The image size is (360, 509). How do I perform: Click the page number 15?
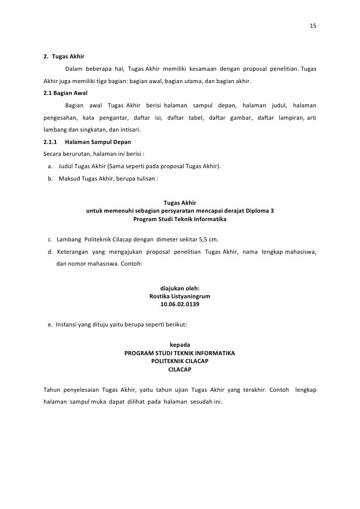[x=313, y=26]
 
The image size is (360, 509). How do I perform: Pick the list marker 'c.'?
[x=50, y=239]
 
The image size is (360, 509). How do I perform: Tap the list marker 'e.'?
[x=50, y=325]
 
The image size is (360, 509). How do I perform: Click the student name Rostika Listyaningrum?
[x=180, y=296]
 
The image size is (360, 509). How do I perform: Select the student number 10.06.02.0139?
[x=180, y=305]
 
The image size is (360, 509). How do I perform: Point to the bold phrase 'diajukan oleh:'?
[x=180, y=288]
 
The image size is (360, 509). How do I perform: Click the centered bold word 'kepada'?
[x=180, y=345]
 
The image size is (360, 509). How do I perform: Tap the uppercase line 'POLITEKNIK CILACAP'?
[x=180, y=361]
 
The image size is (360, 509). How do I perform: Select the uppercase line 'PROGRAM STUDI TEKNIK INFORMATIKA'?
[x=180, y=353]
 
